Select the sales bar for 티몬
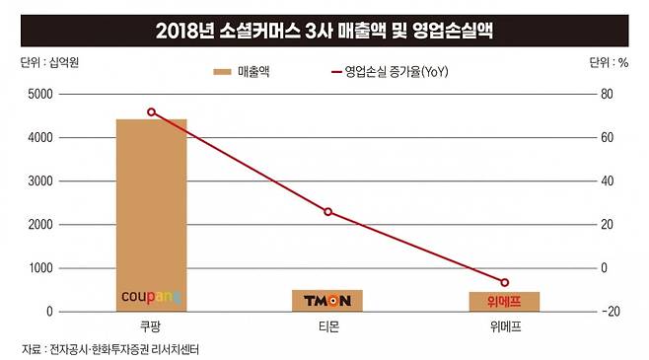coord(326,300)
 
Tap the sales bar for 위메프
coord(503,301)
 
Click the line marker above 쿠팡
coord(151,112)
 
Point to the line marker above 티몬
coord(327,212)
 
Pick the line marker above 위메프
coord(504,283)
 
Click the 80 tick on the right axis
coord(606,95)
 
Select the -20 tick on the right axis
coord(608,312)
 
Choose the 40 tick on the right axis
coord(606,181)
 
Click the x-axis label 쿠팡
coord(151,326)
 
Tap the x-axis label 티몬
coord(326,326)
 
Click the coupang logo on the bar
coord(151,296)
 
